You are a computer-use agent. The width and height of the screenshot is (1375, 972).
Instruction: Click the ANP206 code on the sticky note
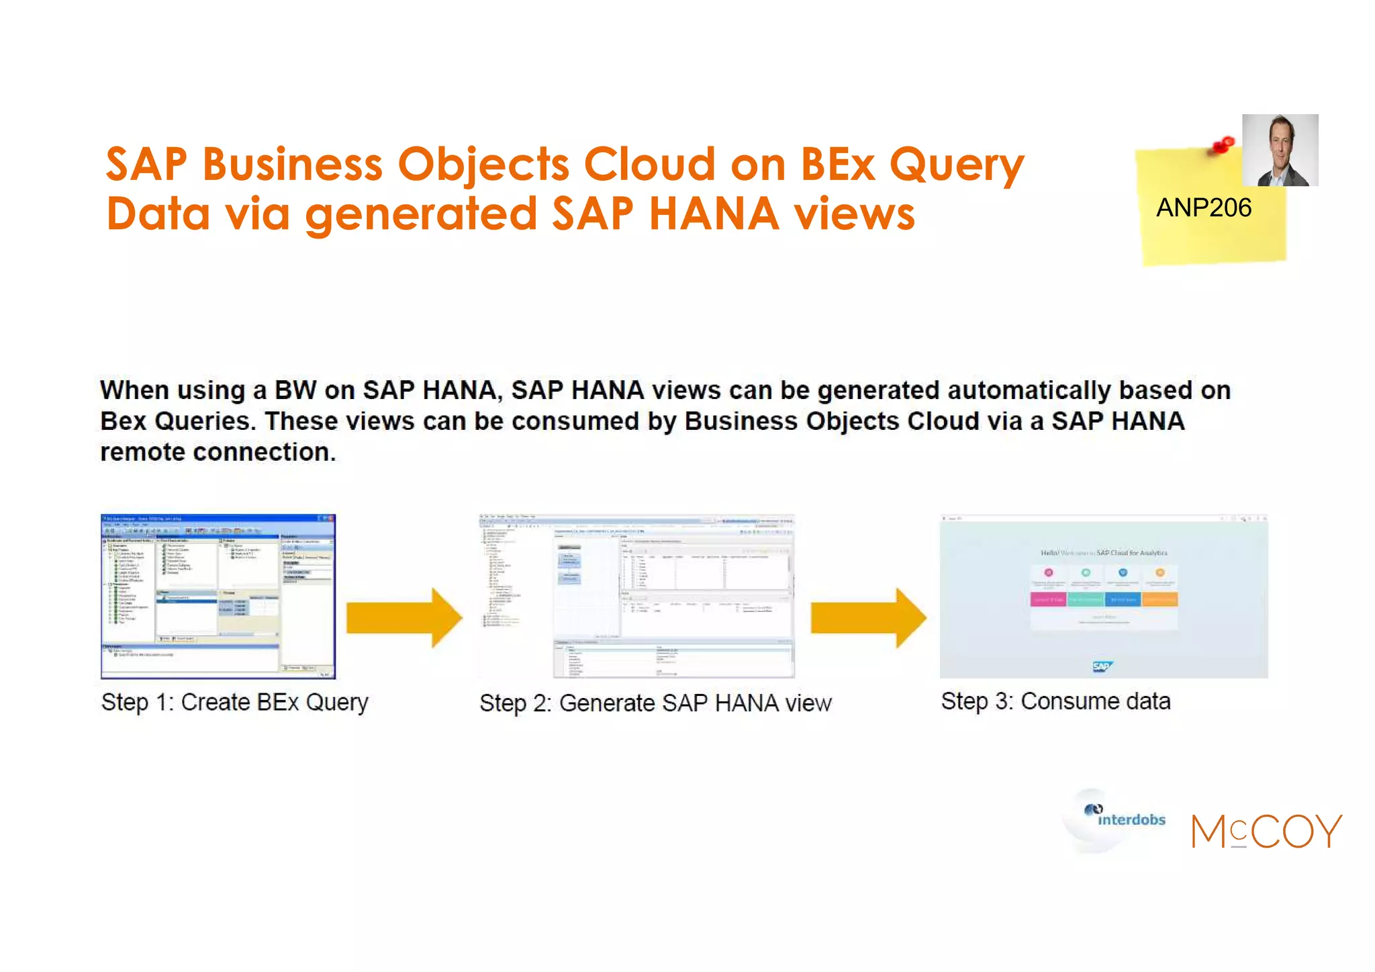(1203, 208)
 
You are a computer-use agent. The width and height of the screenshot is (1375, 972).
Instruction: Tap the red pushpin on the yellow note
(1223, 144)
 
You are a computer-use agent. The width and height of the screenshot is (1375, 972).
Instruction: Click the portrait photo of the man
(1280, 150)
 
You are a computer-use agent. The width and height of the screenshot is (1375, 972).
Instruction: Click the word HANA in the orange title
(714, 214)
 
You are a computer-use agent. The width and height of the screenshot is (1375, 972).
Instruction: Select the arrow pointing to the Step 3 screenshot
(868, 618)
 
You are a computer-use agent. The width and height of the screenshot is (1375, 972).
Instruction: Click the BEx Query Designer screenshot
(218, 597)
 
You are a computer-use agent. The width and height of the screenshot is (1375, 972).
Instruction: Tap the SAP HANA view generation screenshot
(636, 597)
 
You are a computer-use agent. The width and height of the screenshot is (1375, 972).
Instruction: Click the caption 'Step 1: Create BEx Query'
(235, 703)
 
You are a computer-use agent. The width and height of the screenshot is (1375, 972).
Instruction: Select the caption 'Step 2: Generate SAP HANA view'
(655, 703)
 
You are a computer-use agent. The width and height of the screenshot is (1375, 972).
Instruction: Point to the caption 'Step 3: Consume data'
(1055, 701)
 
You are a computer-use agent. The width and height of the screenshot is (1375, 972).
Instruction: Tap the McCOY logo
(1266, 831)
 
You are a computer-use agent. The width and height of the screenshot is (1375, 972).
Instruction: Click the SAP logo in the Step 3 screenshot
(1102, 666)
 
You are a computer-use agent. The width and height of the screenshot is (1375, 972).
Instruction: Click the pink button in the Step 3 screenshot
(1048, 599)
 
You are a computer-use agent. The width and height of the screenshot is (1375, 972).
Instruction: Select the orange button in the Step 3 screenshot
(1159, 599)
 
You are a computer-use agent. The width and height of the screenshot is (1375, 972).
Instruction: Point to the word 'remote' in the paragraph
(143, 452)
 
